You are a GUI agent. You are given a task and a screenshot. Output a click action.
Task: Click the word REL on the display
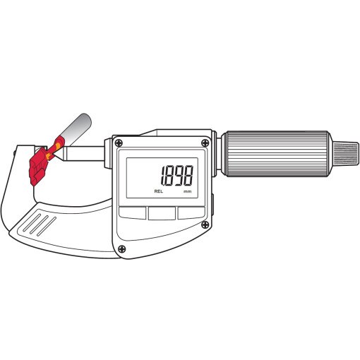point(159,191)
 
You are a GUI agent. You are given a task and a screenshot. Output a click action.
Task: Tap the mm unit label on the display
point(187,191)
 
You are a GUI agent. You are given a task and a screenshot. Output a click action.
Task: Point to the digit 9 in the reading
point(178,176)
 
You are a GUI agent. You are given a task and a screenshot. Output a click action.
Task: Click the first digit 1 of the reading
point(162,176)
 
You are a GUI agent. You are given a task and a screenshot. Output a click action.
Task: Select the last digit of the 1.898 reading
point(188,176)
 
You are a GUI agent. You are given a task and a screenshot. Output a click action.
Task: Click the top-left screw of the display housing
point(119,143)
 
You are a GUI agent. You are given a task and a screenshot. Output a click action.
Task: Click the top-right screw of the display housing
point(205,143)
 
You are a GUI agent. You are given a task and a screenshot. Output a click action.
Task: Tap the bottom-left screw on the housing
point(121,248)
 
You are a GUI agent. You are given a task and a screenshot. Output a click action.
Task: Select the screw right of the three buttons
point(205,224)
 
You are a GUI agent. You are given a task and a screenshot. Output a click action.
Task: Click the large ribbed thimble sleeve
point(277,154)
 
